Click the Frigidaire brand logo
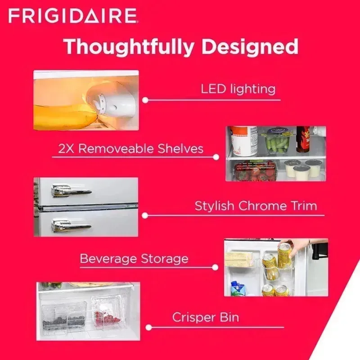coord(72,16)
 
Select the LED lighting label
coord(238,89)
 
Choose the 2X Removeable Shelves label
coord(130,148)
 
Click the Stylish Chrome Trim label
coord(256,206)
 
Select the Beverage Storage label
coord(134,259)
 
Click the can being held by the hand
coord(284,255)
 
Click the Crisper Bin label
coord(206,317)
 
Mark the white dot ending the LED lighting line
coord(145,100)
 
